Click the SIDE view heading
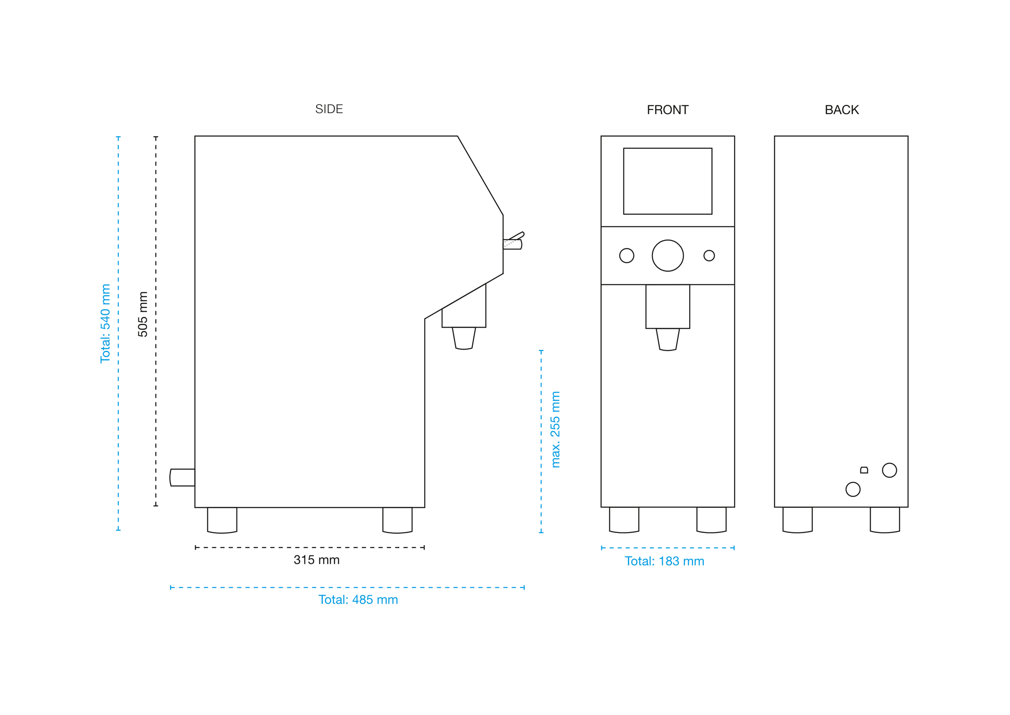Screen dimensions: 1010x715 tap(329, 109)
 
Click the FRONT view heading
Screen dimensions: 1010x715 tap(667, 110)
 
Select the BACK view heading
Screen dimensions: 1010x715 tap(841, 110)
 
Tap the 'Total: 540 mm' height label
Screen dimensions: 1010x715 tap(105, 323)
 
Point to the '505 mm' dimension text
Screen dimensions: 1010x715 tap(143, 314)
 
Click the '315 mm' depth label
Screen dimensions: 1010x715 tap(317, 560)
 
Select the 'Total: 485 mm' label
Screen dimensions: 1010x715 tap(358, 600)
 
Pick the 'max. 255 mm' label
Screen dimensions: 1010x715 tap(555, 430)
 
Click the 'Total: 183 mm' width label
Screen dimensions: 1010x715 tap(664, 561)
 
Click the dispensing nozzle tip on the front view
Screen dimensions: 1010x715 tap(667, 340)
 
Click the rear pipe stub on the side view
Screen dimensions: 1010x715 tap(182, 477)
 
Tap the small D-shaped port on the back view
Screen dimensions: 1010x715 tap(864, 470)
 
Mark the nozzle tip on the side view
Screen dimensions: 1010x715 tap(463, 338)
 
